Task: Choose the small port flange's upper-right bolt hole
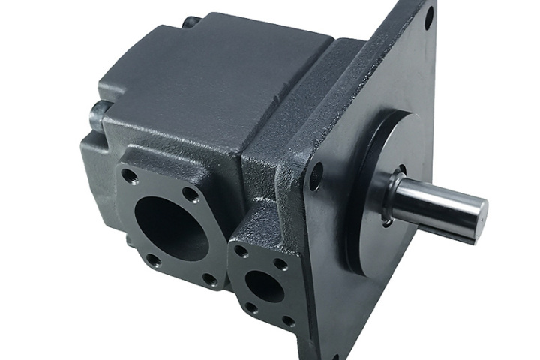pos(280,264)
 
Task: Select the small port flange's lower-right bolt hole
pos(287,321)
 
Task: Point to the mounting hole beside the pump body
pos(316,176)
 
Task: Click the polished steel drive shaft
pos(435,202)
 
